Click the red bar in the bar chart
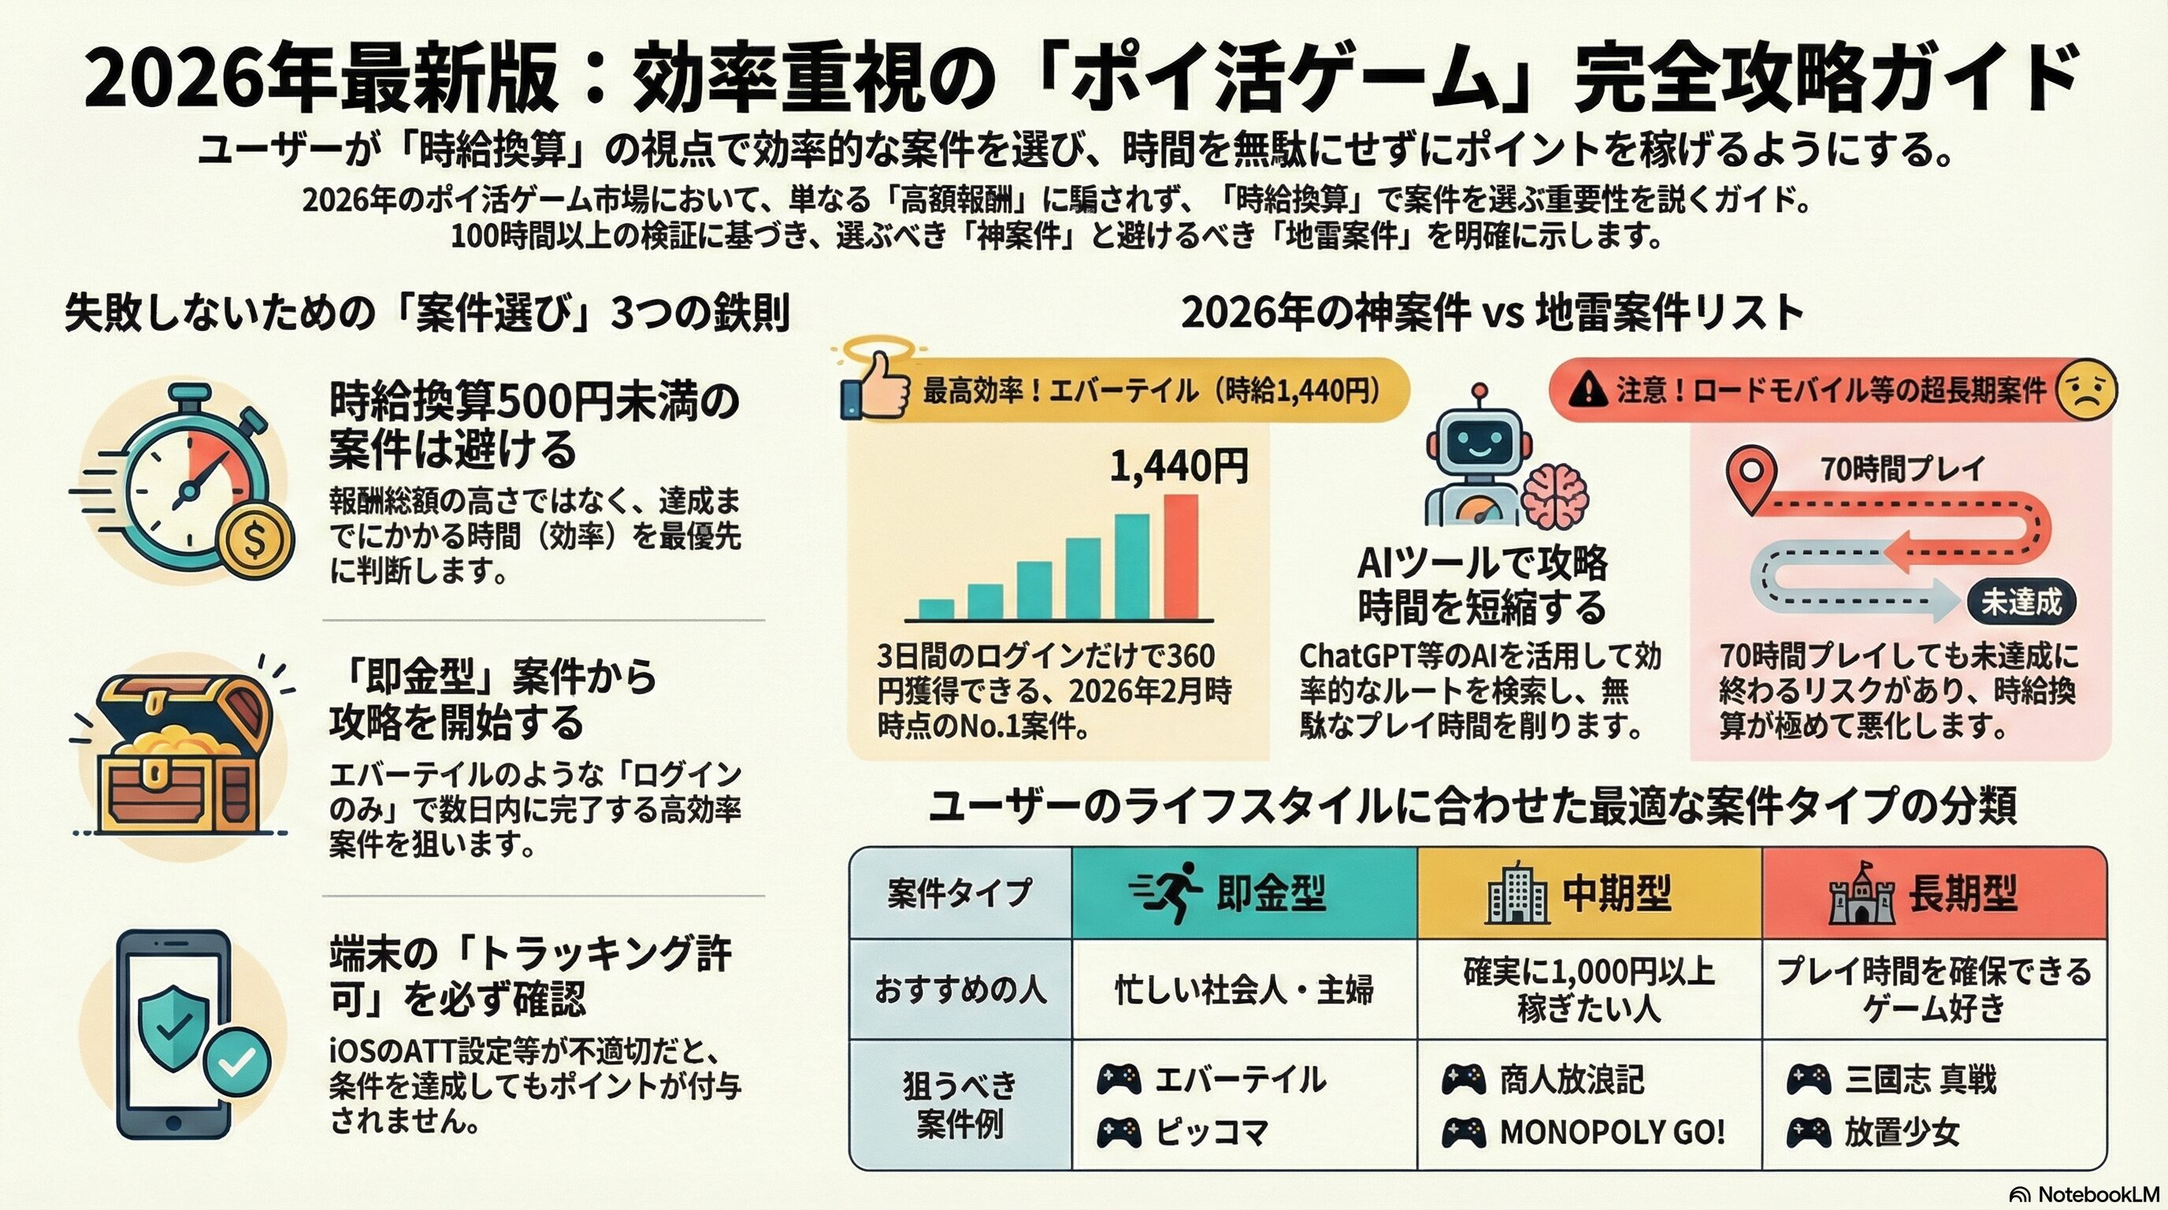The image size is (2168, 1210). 1180,556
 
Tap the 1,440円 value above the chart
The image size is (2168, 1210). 1179,467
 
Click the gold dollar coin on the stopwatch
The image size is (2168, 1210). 254,540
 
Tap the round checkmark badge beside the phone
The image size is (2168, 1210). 238,1062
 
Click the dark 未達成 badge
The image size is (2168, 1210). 2021,603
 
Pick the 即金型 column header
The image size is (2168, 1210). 1244,893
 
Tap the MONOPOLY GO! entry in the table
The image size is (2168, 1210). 1612,1133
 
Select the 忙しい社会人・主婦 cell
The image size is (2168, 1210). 1244,990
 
